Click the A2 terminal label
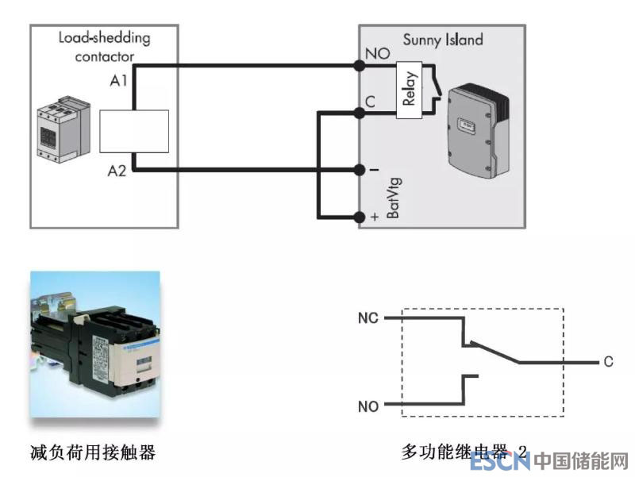(117, 170)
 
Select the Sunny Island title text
(443, 40)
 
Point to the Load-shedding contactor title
(104, 47)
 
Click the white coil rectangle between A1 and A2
(135, 131)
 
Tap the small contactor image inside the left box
(61, 127)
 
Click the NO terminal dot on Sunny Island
(360, 65)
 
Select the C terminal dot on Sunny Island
(360, 113)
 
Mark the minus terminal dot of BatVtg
(360, 169)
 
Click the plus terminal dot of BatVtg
(360, 216)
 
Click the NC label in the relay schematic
(368, 318)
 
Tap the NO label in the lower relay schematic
(368, 406)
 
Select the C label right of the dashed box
(608, 362)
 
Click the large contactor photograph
(95, 345)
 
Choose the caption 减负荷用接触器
(93, 452)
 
